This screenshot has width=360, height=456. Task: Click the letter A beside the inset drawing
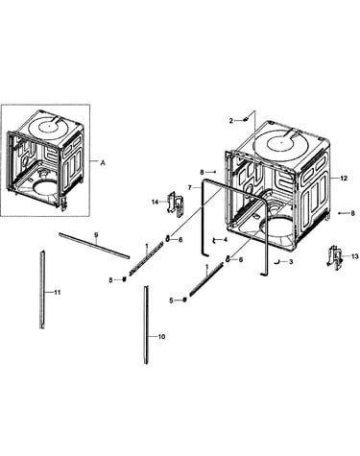103,163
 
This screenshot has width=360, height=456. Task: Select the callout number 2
231,121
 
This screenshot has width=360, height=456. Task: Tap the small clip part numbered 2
246,119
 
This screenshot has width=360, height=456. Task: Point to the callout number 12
344,179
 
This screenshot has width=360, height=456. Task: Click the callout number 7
190,187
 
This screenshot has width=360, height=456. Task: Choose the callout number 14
156,202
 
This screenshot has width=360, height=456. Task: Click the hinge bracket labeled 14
176,204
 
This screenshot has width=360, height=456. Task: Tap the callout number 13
355,256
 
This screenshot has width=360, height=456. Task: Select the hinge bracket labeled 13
335,258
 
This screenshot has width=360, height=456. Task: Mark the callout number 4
226,239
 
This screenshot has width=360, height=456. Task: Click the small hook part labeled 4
215,240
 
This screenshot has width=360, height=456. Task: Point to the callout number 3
291,262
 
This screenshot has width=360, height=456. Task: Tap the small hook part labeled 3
277,262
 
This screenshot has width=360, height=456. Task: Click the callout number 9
96,235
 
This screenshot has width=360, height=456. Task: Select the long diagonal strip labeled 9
94,246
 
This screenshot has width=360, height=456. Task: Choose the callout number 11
57,292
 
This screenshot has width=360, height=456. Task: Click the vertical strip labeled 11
42,290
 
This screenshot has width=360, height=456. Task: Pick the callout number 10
162,337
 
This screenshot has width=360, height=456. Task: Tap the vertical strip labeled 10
146,324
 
